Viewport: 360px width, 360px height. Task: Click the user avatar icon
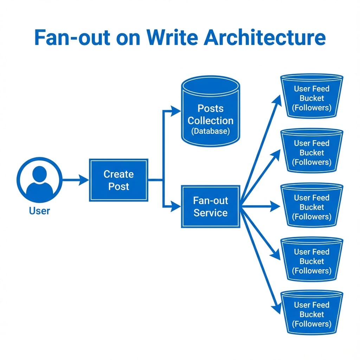coord(39,180)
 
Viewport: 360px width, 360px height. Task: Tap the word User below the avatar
coord(39,211)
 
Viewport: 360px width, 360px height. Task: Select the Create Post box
coord(118,180)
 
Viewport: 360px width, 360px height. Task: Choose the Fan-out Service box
coord(211,206)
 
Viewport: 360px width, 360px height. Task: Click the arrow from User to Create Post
coord(76,180)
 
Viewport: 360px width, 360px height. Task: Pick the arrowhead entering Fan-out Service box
coord(176,207)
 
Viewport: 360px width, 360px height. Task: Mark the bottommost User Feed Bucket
coord(311,313)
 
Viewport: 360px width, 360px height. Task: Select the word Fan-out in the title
coord(72,38)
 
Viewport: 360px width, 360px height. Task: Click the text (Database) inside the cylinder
coord(211,131)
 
